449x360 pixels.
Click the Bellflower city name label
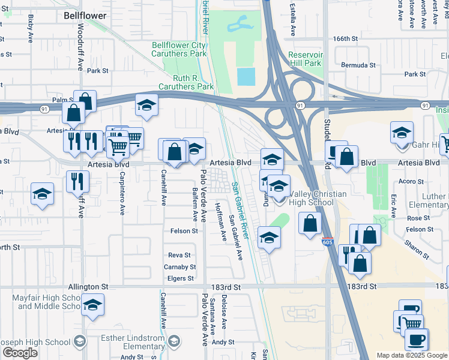coord(85,16)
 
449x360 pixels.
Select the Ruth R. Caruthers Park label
coord(185,82)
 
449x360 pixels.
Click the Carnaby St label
coord(180,267)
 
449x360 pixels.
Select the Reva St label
coord(179,255)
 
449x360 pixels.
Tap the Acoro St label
coord(411,181)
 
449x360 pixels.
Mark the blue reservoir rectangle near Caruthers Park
coord(246,77)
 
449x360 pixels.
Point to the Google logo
coord(20,353)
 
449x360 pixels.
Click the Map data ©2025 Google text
coord(412,355)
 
